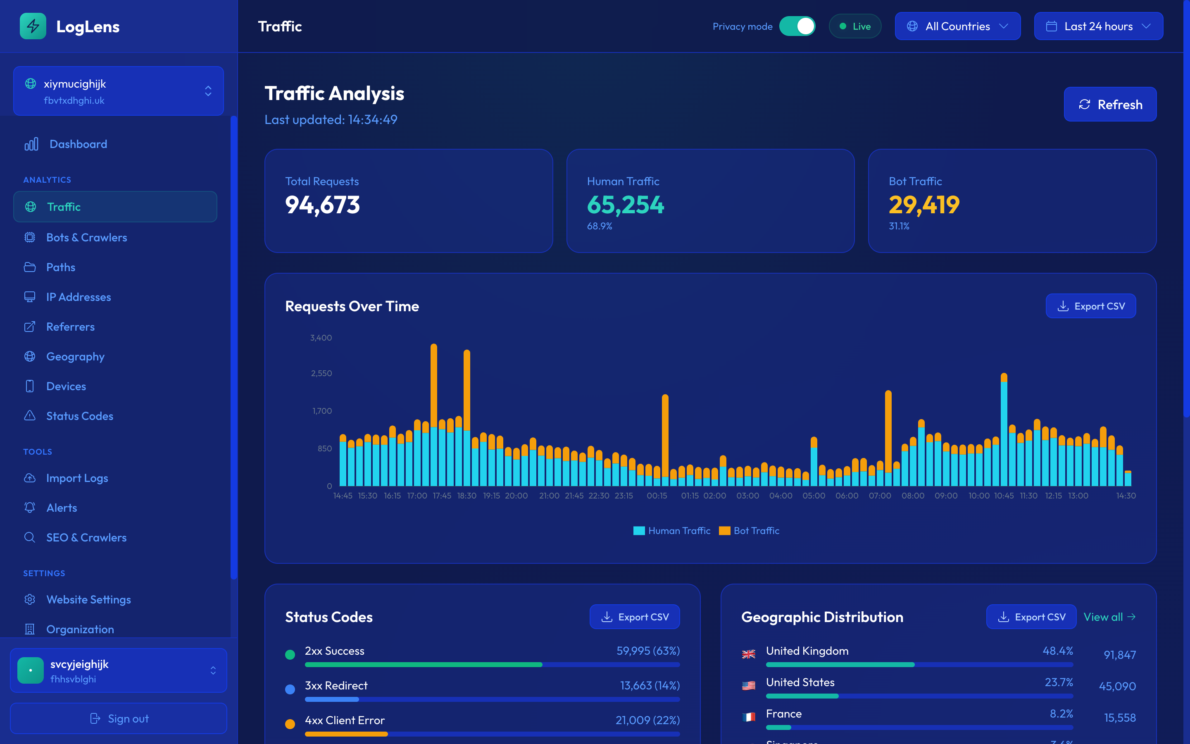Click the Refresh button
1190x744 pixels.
tap(1110, 104)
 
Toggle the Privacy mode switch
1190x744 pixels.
tap(797, 26)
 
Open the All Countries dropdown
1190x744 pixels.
tap(957, 26)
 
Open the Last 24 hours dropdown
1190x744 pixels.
tap(1098, 26)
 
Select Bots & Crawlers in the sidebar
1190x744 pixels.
tap(86, 238)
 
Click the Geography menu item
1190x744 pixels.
tap(75, 357)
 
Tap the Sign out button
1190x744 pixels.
tap(119, 718)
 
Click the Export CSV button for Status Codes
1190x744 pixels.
tap(634, 617)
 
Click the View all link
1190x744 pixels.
tap(1109, 617)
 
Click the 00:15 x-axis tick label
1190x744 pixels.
tap(657, 496)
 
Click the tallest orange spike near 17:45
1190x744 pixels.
tap(434, 384)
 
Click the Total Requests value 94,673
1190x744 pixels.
tap(323, 205)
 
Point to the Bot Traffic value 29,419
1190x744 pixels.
tap(923, 205)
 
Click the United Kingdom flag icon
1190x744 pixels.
tap(748, 654)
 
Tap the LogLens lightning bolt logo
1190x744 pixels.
tap(33, 26)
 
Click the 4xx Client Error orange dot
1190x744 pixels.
tap(290, 724)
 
